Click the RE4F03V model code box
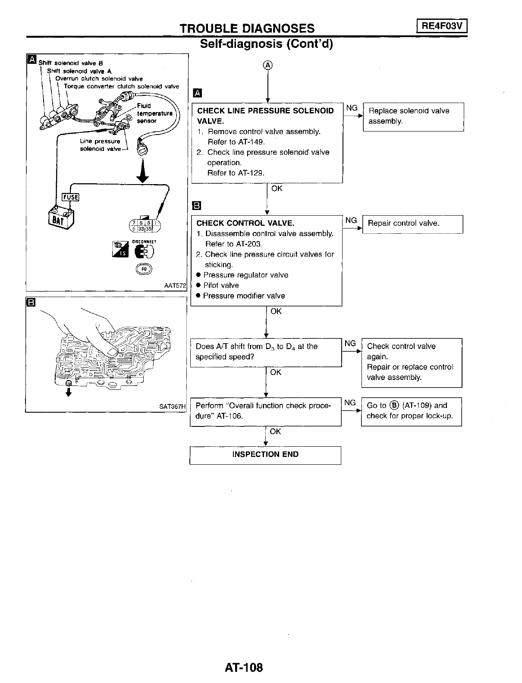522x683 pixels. tap(442, 26)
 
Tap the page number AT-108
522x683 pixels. tap(244, 667)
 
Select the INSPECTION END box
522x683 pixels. tap(265, 455)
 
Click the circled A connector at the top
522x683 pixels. tap(268, 65)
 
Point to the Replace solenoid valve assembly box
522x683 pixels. tap(413, 116)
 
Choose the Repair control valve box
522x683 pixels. tap(412, 224)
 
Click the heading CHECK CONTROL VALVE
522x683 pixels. tap(245, 223)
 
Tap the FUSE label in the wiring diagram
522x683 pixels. tap(71, 197)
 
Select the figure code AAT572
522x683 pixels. tap(175, 285)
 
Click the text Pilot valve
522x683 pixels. tap(221, 285)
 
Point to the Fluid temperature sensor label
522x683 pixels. tap(154, 113)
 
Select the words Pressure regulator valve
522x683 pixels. tap(245, 275)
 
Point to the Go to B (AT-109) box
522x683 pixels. tap(411, 411)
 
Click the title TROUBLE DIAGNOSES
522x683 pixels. tap(247, 28)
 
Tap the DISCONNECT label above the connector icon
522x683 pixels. tap(144, 242)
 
